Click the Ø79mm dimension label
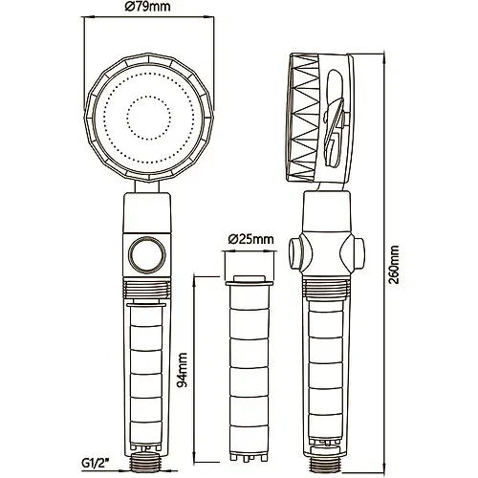(x=147, y=7)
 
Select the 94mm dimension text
(x=182, y=370)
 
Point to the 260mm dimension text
(x=394, y=265)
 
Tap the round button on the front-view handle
(x=147, y=254)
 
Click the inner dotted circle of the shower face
(x=148, y=118)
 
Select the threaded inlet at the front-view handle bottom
(x=146, y=463)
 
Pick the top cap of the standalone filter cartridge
(x=249, y=281)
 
